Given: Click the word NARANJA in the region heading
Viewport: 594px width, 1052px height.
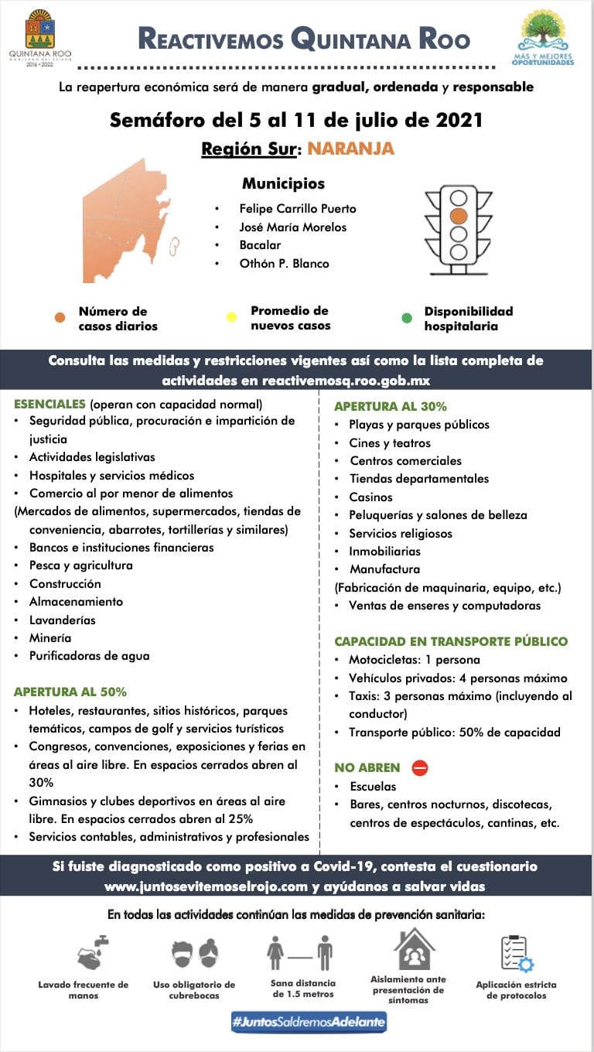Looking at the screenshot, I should tap(350, 149).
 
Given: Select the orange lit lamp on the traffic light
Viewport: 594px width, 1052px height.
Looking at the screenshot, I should tap(459, 216).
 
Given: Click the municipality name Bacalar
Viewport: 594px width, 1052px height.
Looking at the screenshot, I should tap(260, 245).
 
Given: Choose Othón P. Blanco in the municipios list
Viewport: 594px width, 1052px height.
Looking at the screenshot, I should tap(284, 264).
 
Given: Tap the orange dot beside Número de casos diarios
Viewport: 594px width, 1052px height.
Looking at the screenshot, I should tap(60, 316).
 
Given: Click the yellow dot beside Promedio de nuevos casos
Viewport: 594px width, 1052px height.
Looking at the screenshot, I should tap(231, 316).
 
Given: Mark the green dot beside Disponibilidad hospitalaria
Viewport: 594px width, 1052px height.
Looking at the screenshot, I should tap(407, 316).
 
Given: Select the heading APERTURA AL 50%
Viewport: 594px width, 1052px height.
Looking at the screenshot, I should tap(70, 692).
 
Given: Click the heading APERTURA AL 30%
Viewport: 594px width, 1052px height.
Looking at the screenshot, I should tap(391, 406).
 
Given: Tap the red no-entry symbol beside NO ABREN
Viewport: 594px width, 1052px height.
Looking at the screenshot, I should tap(420, 768).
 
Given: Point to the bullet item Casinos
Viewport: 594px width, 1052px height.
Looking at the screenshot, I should tap(370, 497).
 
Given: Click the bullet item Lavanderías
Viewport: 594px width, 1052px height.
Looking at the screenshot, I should tap(65, 620).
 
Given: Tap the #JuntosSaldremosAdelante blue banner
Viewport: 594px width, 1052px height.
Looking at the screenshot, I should tap(309, 1022).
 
